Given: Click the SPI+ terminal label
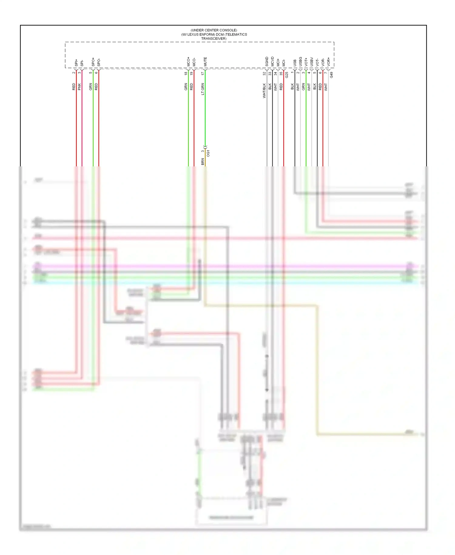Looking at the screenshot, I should pyautogui.click(x=76, y=63).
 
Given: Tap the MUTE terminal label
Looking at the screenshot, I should pyautogui.click(x=205, y=61).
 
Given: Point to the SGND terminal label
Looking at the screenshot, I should pyautogui.click(x=267, y=61).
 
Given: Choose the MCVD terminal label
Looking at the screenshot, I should pyautogui.click(x=272, y=61).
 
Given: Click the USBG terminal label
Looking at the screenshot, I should pyautogui.click(x=300, y=61).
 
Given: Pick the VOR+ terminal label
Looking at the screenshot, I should pyautogui.click(x=329, y=62).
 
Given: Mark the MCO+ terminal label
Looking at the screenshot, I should pyautogui.click(x=188, y=61).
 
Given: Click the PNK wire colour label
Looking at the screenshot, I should pyautogui.click(x=79, y=87).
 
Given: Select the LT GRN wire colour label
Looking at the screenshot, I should pyautogui.click(x=203, y=89).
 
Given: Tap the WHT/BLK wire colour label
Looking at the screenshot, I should pyautogui.click(x=264, y=90).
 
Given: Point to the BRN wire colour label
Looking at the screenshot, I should pyautogui.click(x=203, y=162).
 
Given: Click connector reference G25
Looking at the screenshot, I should pyautogui.click(x=287, y=75).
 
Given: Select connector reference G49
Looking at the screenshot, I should pyautogui.click(x=332, y=75).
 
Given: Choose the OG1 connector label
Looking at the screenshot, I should pyautogui.click(x=208, y=153).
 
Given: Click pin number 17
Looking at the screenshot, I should pyautogui.click(x=203, y=73).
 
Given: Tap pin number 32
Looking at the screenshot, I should pyautogui.click(x=264, y=73).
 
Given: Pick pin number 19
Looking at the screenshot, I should pyautogui.click(x=191, y=73).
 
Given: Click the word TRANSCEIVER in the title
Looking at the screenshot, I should pyautogui.click(x=214, y=39).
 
